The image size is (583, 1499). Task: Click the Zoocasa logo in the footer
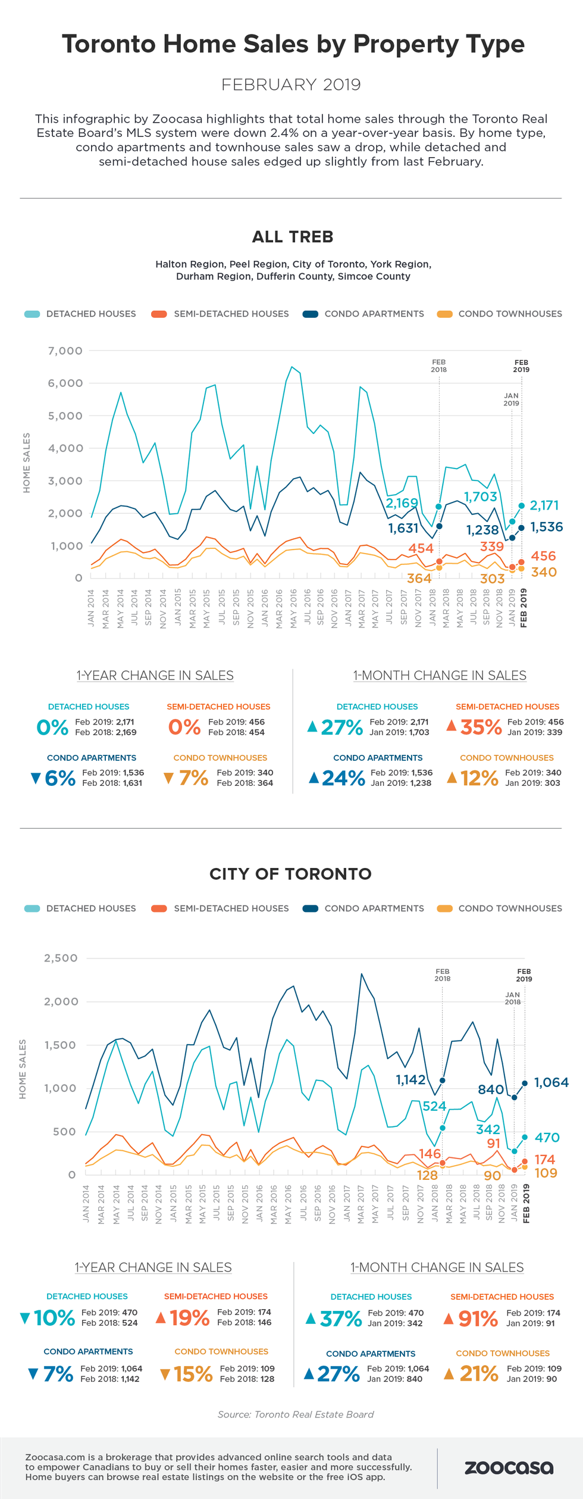click(509, 1467)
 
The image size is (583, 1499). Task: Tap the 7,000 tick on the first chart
click(65, 351)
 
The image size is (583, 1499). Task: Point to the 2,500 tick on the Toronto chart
click(61, 958)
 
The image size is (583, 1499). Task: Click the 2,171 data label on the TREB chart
click(544, 505)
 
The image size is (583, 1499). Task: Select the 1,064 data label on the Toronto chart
click(551, 1082)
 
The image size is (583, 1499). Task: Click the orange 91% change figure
click(478, 1318)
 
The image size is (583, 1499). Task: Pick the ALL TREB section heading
click(292, 237)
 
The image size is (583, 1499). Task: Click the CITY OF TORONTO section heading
click(290, 874)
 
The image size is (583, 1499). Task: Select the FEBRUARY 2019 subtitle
click(291, 85)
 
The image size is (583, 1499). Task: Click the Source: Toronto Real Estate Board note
click(295, 1414)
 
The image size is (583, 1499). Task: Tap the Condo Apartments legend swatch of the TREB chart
click(310, 314)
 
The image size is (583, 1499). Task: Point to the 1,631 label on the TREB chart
click(403, 528)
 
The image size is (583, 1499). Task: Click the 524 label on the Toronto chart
click(434, 1106)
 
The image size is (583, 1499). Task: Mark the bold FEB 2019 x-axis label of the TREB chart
click(524, 608)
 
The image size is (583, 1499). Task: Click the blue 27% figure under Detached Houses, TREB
click(341, 727)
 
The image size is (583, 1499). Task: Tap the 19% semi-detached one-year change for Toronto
click(189, 1317)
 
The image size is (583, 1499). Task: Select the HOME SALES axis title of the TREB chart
click(26, 463)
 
